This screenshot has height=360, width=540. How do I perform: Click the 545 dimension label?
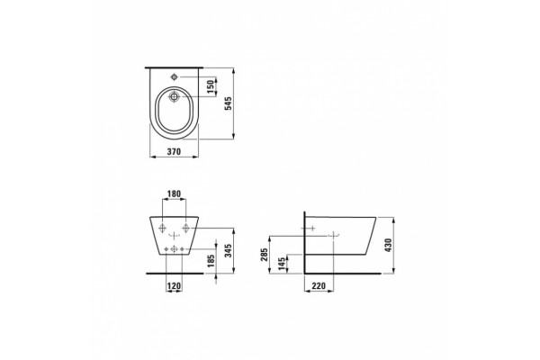[229, 103]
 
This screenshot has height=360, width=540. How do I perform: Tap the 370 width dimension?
[174, 151]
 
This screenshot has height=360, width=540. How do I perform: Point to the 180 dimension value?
[174, 194]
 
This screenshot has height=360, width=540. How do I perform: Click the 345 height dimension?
[228, 251]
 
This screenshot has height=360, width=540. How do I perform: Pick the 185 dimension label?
[211, 261]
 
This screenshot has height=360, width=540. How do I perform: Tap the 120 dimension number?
[174, 285]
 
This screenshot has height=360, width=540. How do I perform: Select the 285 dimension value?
[264, 255]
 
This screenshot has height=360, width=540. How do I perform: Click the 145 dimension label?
[282, 264]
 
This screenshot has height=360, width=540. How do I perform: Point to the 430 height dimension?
[388, 245]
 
